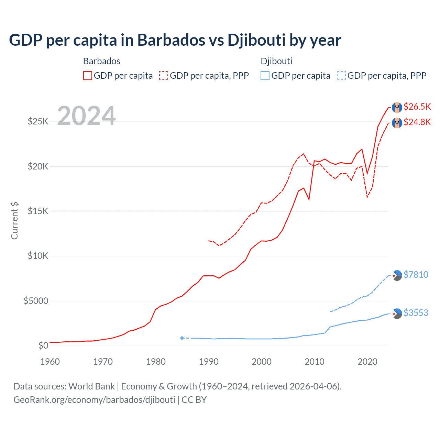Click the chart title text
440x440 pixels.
[175, 40]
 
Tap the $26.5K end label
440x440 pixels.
[417, 107]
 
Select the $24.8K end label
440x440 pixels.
[417, 122]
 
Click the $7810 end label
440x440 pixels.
[416, 275]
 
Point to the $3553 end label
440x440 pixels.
[416, 313]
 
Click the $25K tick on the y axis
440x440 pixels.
[38, 121]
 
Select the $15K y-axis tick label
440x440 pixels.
[38, 211]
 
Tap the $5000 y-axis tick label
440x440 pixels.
[36, 301]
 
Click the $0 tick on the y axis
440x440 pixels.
[43, 345]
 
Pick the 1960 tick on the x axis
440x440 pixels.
[50, 362]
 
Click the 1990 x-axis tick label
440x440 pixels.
[209, 362]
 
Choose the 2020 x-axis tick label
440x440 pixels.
[367, 362]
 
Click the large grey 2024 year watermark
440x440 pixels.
[86, 115]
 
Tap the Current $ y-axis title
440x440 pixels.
[14, 221]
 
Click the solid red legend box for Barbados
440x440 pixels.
[88, 76]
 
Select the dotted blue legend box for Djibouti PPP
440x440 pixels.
[341, 76]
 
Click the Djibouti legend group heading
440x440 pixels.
[276, 61]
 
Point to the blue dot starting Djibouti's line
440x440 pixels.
[182, 338]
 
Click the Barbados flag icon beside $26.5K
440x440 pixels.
[397, 107]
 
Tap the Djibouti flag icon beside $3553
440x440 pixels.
[397, 313]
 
